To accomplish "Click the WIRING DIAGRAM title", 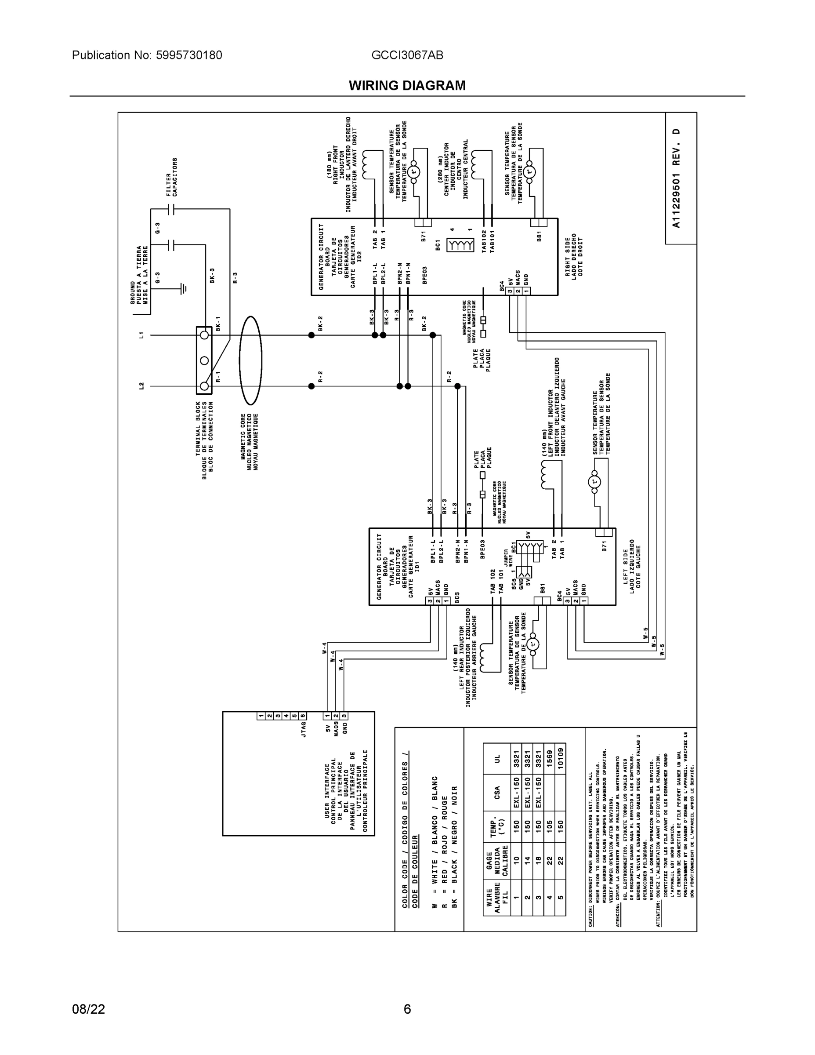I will [x=407, y=86].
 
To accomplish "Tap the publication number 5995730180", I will [x=189, y=55].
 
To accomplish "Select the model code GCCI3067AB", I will [x=407, y=55].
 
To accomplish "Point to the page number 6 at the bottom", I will [x=407, y=1009].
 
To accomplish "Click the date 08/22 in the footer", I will [x=88, y=1009].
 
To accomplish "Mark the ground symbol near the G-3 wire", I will [x=184, y=289].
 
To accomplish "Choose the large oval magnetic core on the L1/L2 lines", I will [x=250, y=360].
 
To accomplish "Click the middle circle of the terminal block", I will [x=204, y=360].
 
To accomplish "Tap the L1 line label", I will [x=141, y=334].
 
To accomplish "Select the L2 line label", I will [x=141, y=386].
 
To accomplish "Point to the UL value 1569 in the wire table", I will [x=550, y=759].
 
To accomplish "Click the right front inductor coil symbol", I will [x=366, y=164].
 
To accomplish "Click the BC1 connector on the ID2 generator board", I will [x=460, y=245].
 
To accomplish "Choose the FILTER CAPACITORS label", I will [x=171, y=177].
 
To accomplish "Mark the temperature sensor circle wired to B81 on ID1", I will [x=533, y=644].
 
